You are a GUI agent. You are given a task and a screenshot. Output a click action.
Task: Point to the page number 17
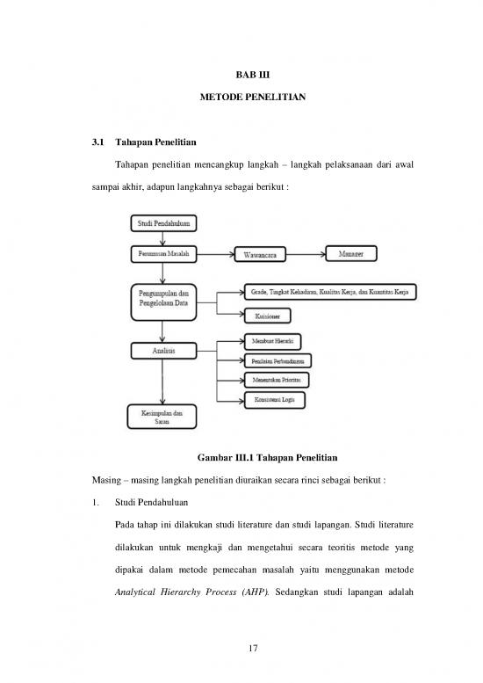click(x=256, y=649)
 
